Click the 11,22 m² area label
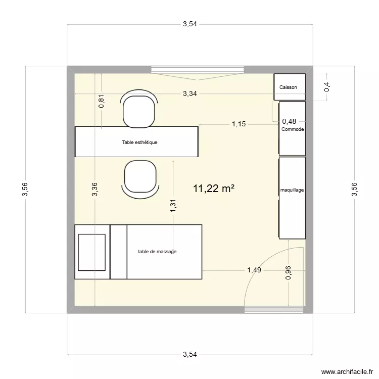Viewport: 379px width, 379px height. tap(213, 189)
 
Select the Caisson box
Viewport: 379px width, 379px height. tap(289, 87)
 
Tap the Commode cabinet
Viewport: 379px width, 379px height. tap(293, 129)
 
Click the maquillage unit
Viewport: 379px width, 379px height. tap(293, 191)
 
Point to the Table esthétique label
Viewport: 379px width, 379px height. tap(139, 143)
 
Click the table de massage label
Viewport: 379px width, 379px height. tap(157, 252)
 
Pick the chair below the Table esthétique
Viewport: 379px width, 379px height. tap(138, 178)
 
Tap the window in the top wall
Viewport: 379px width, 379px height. tap(198, 69)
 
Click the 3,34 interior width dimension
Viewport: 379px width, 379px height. tap(190, 93)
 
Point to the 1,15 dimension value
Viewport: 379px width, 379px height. tap(239, 124)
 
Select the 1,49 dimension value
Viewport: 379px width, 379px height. tap(254, 270)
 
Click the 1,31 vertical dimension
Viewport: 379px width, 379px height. tap(173, 205)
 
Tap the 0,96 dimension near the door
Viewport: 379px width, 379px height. tap(288, 273)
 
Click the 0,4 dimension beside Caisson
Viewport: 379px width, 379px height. tap(327, 87)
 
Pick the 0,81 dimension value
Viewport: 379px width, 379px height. tap(102, 102)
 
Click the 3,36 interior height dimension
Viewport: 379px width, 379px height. tap(94, 188)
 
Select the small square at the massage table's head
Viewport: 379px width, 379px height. tap(91, 252)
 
